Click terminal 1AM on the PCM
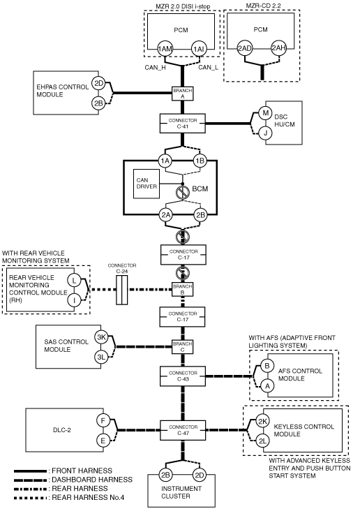pyautogui.click(x=165, y=49)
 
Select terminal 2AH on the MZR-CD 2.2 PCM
pyautogui.click(x=278, y=48)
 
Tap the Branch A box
pyautogui.click(x=183, y=94)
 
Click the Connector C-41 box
pyautogui.click(x=183, y=124)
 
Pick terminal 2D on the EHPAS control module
pyautogui.click(x=98, y=83)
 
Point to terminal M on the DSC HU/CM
pyautogui.click(x=266, y=113)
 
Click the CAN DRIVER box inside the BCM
pyautogui.click(x=147, y=184)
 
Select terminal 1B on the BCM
pyautogui.click(x=200, y=161)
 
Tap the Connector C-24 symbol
pyautogui.click(x=122, y=290)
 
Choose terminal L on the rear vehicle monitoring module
pyautogui.click(x=74, y=281)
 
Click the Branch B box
pyautogui.click(x=183, y=289)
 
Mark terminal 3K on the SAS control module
pyautogui.click(x=102, y=337)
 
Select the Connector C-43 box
pyautogui.click(x=183, y=376)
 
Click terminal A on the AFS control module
pyautogui.click(x=267, y=386)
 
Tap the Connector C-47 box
pyautogui.click(x=183, y=430)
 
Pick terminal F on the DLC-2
pyautogui.click(x=103, y=421)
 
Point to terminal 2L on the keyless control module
pyautogui.click(x=262, y=441)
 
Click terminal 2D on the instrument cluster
pyautogui.click(x=199, y=475)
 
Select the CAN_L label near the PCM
pyautogui.click(x=208, y=68)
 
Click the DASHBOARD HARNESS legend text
pyautogui.click(x=92, y=480)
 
